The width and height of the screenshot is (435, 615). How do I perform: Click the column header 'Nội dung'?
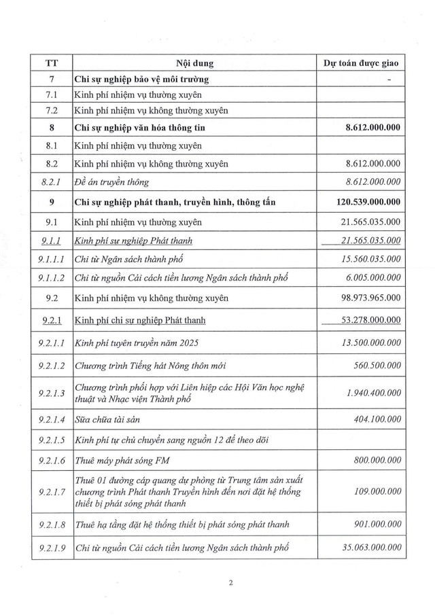click(x=194, y=64)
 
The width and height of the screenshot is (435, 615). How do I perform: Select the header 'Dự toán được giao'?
click(x=362, y=64)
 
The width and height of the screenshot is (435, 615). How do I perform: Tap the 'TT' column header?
click(x=51, y=64)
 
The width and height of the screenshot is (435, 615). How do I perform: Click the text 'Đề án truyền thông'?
click(x=111, y=182)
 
